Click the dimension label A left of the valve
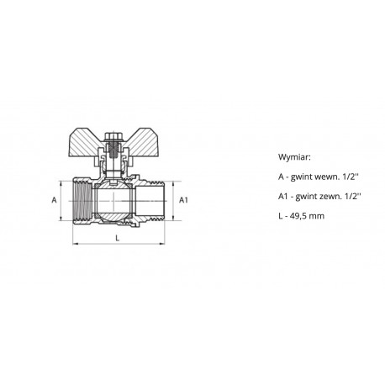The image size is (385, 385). coord(54,200)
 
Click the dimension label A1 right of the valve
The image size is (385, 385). coord(183,200)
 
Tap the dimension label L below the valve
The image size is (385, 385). coord(118,238)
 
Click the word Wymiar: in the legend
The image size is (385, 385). coord(294,157)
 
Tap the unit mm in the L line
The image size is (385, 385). coord(318,217)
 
